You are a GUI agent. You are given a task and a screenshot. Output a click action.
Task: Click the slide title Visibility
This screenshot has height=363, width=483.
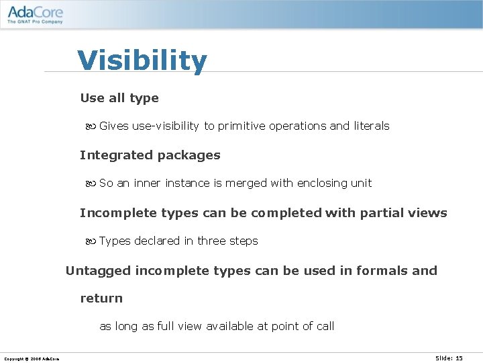(142, 61)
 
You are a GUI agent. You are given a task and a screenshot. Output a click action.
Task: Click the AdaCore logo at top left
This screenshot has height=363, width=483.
(35, 10)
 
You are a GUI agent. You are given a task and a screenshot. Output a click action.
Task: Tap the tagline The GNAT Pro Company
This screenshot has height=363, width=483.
(35, 22)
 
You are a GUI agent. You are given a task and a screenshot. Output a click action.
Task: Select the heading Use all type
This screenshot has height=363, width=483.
(119, 98)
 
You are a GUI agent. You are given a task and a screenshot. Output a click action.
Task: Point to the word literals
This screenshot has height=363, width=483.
(371, 126)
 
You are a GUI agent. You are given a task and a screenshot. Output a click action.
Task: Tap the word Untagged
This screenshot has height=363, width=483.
(98, 271)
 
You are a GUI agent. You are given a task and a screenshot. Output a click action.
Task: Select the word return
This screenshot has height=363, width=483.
(101, 298)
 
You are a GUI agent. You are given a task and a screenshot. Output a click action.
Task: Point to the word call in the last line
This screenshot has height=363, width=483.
(325, 327)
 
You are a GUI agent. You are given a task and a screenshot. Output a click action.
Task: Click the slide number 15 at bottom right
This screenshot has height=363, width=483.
(459, 358)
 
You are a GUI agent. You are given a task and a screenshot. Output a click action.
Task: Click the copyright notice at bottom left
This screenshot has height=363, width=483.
(32, 359)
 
